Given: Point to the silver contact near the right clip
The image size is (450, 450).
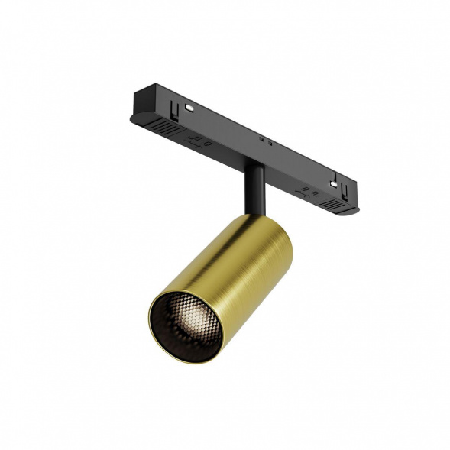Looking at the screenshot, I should (x=335, y=181).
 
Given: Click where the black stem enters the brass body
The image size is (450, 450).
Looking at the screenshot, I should (x=254, y=216).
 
